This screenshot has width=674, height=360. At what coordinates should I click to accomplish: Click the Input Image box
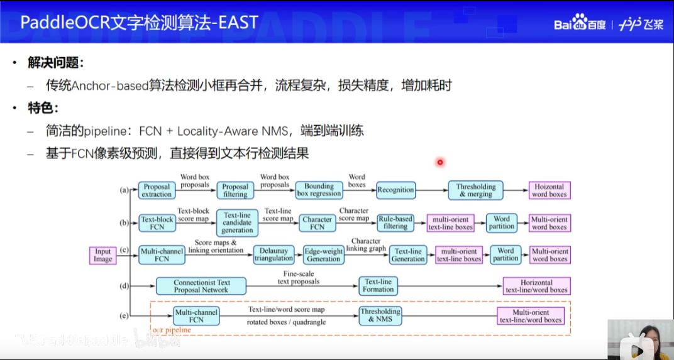(x=103, y=255)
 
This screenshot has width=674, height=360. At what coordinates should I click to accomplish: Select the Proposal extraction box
(x=157, y=190)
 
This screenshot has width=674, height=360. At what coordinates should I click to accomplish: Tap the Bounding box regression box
(x=319, y=190)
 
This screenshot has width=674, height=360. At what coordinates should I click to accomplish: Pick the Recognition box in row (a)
(x=395, y=190)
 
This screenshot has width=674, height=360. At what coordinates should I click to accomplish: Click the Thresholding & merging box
(x=476, y=190)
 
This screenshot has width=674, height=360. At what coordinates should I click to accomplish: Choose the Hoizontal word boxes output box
(x=549, y=190)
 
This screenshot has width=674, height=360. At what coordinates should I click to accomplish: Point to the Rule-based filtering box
(x=395, y=222)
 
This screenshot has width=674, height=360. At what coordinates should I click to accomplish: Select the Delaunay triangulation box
(x=274, y=254)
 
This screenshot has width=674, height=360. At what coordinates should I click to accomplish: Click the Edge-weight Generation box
(x=323, y=254)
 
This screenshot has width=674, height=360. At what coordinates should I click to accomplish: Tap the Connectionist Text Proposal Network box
(x=202, y=286)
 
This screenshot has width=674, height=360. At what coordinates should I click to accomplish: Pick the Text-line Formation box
(x=378, y=286)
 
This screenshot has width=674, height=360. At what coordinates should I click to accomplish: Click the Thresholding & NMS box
(x=380, y=315)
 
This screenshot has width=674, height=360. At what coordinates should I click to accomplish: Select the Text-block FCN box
(x=157, y=223)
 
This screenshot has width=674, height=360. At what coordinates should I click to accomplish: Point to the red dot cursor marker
(x=440, y=162)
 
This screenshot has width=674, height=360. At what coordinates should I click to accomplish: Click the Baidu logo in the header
(x=579, y=23)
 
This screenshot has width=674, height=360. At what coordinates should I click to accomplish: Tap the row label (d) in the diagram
(x=124, y=286)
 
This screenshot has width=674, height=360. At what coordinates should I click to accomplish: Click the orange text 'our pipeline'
(x=172, y=329)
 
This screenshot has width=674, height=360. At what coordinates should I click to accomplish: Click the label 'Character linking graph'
(x=365, y=244)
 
